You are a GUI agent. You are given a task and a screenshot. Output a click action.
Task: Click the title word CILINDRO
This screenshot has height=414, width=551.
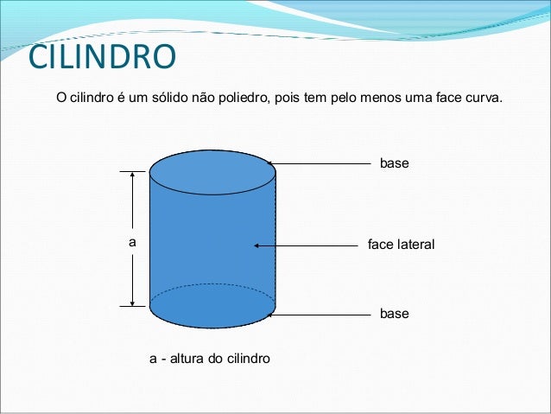click(102, 58)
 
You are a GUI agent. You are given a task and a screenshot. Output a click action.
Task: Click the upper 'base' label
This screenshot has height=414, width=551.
click(394, 162)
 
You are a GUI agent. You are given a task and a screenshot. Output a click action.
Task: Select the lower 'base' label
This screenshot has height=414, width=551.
click(394, 314)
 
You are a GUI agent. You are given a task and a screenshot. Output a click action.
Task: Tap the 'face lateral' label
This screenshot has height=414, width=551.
click(401, 245)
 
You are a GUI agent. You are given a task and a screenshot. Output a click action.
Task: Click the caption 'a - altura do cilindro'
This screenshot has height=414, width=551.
click(210, 358)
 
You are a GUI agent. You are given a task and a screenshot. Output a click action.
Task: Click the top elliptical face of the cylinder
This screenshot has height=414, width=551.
click(212, 165)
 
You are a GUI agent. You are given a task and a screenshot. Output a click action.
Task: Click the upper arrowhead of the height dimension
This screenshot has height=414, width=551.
click(132, 174)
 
